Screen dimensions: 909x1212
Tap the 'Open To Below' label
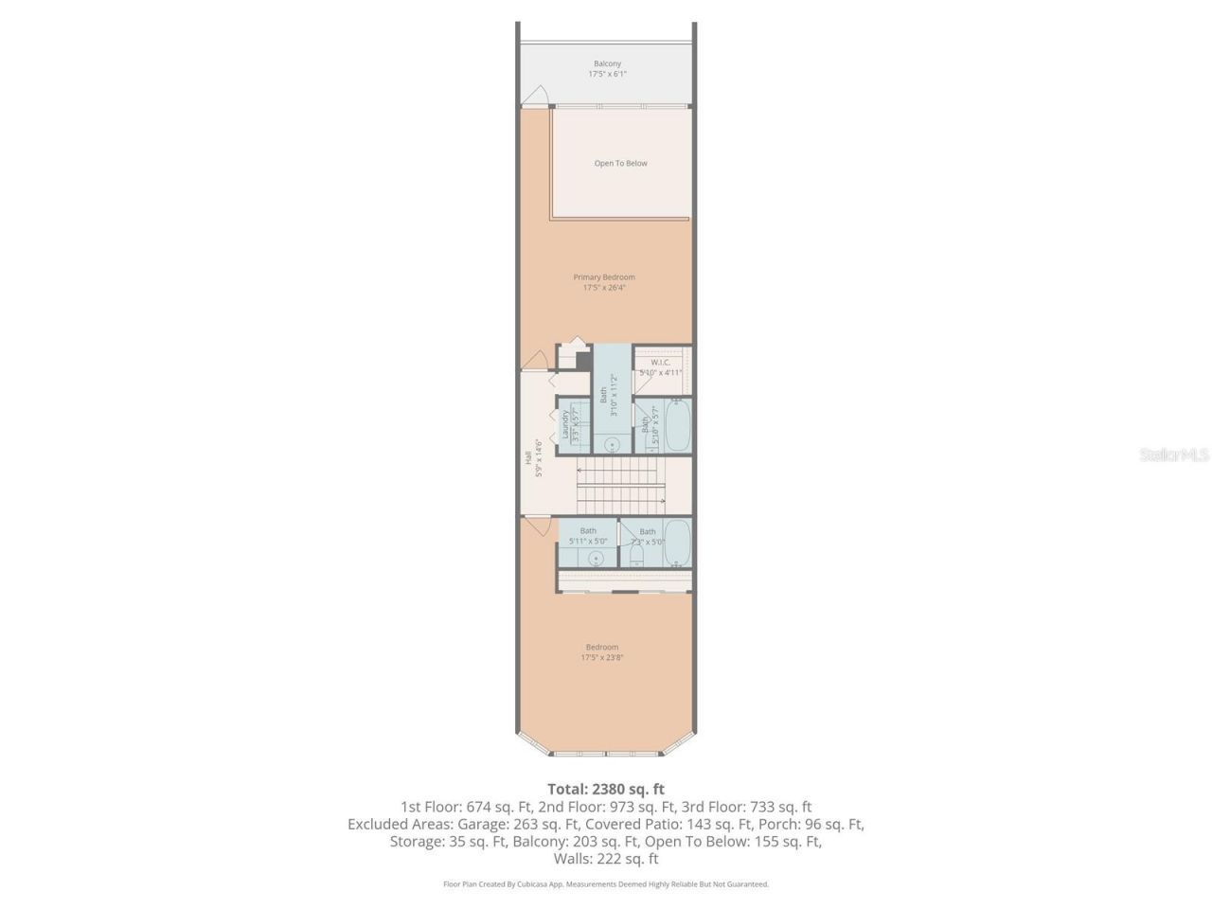(x=620, y=164)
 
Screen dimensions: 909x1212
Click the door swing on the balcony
(x=537, y=98)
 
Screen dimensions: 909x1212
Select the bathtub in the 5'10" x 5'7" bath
(x=677, y=426)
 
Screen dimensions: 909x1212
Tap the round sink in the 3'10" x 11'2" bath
(x=612, y=443)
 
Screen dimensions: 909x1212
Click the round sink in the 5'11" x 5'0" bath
(x=597, y=558)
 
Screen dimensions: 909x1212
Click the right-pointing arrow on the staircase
(x=662, y=501)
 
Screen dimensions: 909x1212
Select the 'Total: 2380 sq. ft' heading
(x=606, y=789)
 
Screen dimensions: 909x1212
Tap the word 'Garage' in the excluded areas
(x=454, y=824)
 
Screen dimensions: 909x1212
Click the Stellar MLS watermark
(x=1174, y=455)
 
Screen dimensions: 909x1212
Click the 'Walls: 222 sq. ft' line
(x=606, y=859)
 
